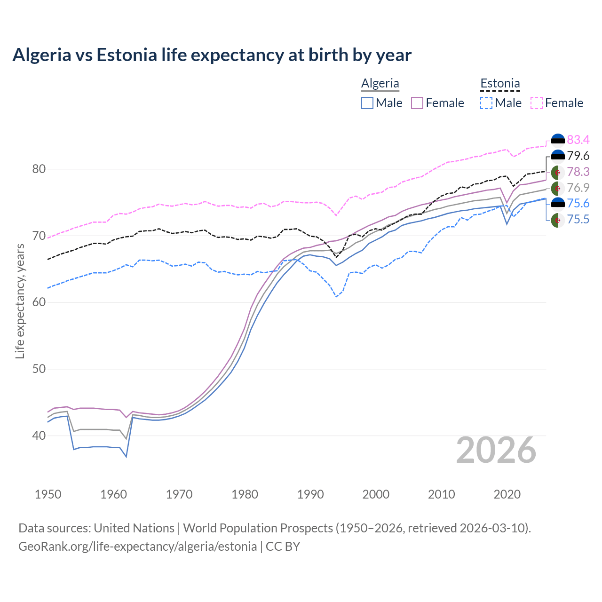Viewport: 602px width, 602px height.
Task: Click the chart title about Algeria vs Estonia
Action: (x=212, y=55)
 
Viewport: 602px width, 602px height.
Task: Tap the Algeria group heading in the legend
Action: (x=380, y=83)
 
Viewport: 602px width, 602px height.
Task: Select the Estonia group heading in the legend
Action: (x=500, y=83)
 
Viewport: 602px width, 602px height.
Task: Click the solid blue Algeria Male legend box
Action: (x=367, y=103)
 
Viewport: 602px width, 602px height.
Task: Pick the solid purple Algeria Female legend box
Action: (x=417, y=103)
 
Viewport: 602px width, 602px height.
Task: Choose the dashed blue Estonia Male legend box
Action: (x=486, y=103)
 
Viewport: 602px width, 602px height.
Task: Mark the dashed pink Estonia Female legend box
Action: (x=536, y=103)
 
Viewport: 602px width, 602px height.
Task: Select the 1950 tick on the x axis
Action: (x=48, y=494)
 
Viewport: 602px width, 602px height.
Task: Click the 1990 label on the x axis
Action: (x=310, y=494)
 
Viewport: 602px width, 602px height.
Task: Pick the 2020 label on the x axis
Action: (x=507, y=494)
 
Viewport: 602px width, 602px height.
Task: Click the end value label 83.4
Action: (x=578, y=140)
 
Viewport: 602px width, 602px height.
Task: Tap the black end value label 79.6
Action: (x=578, y=156)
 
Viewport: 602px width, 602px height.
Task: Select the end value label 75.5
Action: (x=578, y=219)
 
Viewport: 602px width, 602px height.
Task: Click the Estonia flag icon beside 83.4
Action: (x=558, y=140)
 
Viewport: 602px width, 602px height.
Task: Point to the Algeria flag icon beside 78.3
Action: (x=558, y=172)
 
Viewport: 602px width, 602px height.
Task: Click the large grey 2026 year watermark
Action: (x=496, y=450)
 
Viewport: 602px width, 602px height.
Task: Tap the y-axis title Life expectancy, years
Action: (x=20, y=301)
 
